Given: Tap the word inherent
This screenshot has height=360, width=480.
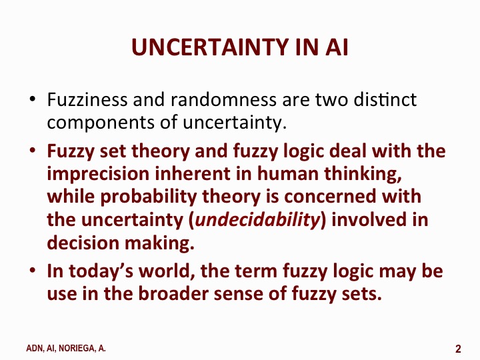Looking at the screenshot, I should [176, 173].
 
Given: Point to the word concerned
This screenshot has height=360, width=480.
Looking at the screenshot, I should [333, 197].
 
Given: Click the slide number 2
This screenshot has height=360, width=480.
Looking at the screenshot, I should [459, 349].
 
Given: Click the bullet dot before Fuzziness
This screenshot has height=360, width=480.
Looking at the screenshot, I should [32, 101].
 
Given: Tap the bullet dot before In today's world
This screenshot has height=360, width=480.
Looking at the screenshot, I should [32, 273].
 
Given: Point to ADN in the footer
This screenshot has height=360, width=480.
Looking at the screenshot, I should [34, 349].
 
